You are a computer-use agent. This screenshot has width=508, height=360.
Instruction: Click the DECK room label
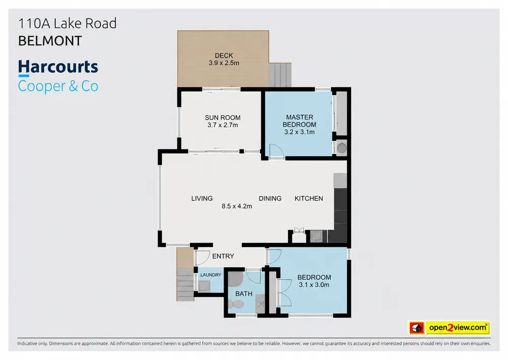pos(224,55)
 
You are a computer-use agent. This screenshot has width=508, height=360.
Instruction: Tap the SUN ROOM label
pos(223,117)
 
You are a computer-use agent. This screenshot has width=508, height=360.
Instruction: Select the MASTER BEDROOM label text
pos(299,121)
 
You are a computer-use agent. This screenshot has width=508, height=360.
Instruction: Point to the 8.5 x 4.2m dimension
pos(237,206)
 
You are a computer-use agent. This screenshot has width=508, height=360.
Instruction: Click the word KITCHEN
pos(309,198)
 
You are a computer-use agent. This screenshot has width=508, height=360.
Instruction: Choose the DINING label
pos(270,198)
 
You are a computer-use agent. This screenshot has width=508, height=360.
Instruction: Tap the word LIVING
pos(202,198)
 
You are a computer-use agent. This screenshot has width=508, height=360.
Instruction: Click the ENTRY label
pos(223,256)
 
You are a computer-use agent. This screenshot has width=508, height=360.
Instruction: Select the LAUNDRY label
pos(211,275)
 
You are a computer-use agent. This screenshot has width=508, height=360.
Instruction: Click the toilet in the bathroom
pos(236,304)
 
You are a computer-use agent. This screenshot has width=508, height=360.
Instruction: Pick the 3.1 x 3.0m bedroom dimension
pos(314,285)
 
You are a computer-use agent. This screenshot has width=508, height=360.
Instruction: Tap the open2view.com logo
pos(449,327)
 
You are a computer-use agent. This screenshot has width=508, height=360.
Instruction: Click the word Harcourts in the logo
pos(58,67)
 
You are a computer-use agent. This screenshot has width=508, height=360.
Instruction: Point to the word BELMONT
pos(50,41)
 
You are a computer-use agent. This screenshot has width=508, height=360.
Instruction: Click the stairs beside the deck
pos(280,75)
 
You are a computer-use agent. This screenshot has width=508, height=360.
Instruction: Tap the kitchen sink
pos(316,236)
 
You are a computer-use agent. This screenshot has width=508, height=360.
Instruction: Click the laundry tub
pos(204,286)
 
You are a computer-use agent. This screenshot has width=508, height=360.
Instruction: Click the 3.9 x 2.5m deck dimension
pos(224,63)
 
